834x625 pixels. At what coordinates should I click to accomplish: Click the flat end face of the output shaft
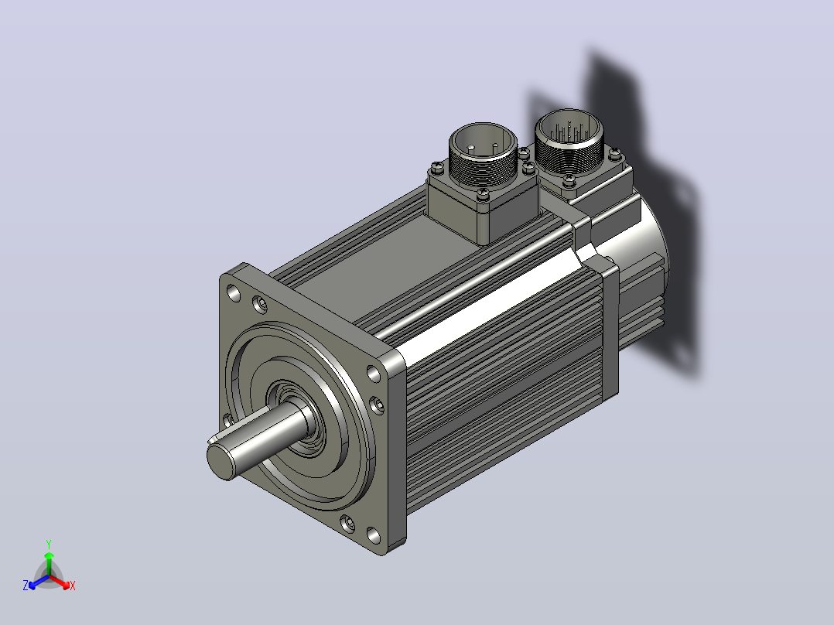click(x=220, y=462)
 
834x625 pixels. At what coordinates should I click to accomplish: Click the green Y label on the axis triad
click(x=49, y=544)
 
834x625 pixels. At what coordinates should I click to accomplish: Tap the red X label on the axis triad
click(x=73, y=586)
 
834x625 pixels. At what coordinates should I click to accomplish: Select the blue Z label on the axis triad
click(x=25, y=586)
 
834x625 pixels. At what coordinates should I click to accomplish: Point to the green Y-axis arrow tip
click(x=49, y=553)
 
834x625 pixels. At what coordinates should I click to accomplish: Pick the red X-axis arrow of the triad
click(x=60, y=581)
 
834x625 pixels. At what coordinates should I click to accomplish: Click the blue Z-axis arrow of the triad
click(x=39, y=582)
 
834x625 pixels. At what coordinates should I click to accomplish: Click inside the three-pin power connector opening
click(x=483, y=142)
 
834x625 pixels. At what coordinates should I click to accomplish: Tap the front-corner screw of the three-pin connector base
click(x=483, y=195)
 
